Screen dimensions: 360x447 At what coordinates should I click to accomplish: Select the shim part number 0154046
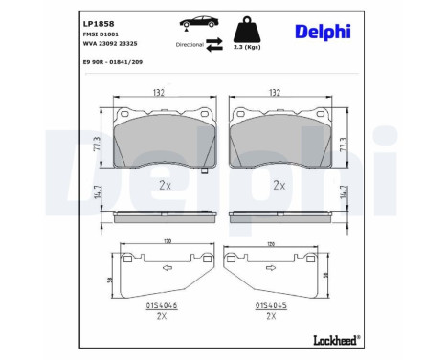[x=162, y=304]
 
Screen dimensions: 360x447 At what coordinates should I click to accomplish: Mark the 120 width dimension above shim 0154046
[x=160, y=245]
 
